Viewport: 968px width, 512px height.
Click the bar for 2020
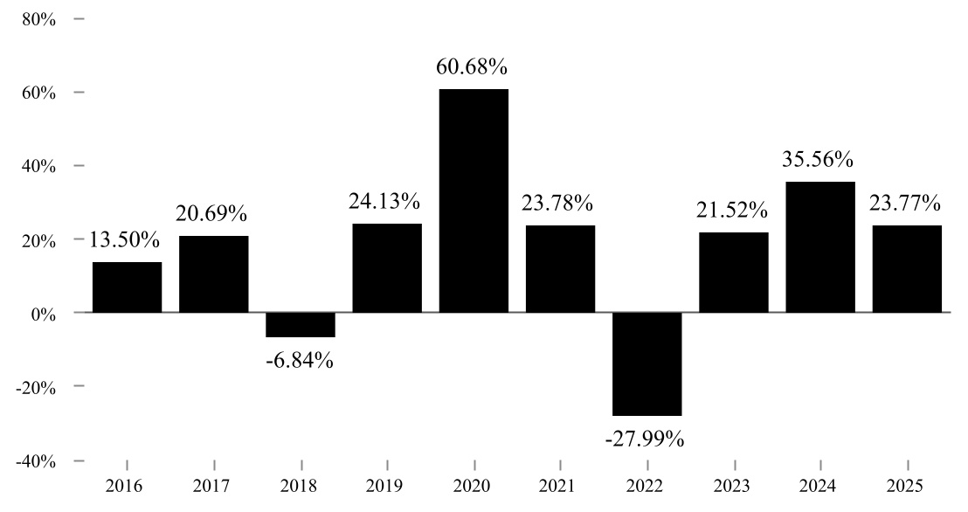pos(474,201)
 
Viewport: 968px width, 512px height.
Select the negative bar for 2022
pos(647,363)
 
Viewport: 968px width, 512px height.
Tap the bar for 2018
pos(300,325)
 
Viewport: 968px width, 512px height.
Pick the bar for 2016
pos(128,287)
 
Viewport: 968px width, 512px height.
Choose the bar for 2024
pos(820,247)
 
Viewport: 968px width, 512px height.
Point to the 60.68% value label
pos(472,66)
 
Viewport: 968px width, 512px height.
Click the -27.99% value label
pos(645,439)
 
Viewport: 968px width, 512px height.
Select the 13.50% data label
pos(125,239)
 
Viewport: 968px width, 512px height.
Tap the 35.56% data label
pos(818,159)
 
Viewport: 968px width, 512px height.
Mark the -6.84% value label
pos(300,360)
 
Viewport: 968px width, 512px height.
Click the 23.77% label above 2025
pos(905,203)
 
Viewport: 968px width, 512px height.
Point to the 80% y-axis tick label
pos(39,20)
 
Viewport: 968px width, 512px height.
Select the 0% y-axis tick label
pos(43,315)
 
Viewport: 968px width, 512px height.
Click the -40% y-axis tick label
pos(37,462)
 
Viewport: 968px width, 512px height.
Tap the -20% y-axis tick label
pos(37,389)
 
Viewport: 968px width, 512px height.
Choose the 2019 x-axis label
pos(384,487)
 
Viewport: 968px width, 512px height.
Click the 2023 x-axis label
pos(732,487)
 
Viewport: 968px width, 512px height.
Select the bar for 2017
pos(213,274)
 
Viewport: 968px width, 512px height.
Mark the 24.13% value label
pos(384,201)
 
